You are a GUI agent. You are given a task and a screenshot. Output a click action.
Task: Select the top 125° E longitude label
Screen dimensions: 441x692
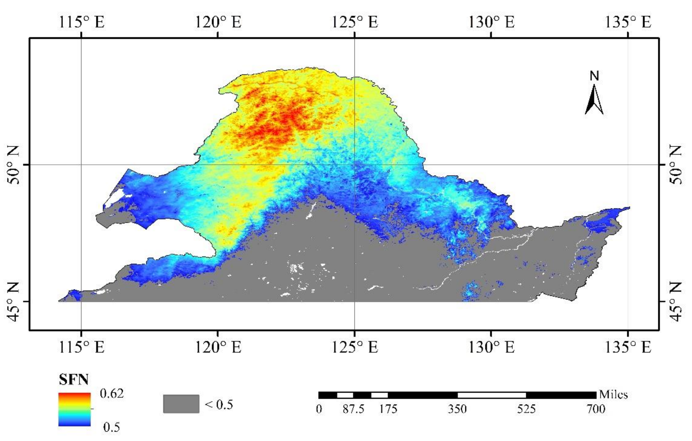coord(355,22)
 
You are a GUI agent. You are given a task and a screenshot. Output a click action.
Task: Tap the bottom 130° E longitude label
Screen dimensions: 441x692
coord(491,347)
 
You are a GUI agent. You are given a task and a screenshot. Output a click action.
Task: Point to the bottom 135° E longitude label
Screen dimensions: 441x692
coord(628,347)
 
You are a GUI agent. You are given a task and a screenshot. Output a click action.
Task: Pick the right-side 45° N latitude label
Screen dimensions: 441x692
coord(677,302)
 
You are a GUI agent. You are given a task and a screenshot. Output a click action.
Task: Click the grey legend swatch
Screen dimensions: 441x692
coord(181,404)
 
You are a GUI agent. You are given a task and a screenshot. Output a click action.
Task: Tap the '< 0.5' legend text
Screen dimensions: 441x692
coord(219,405)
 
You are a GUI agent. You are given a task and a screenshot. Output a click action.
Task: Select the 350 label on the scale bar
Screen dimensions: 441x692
coord(457,409)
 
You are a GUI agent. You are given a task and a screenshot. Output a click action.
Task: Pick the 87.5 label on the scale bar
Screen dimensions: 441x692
coord(353,409)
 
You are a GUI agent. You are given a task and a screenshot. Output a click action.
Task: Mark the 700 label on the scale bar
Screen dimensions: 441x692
coord(596,409)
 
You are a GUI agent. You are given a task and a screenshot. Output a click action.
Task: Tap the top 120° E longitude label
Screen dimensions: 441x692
coord(218,22)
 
